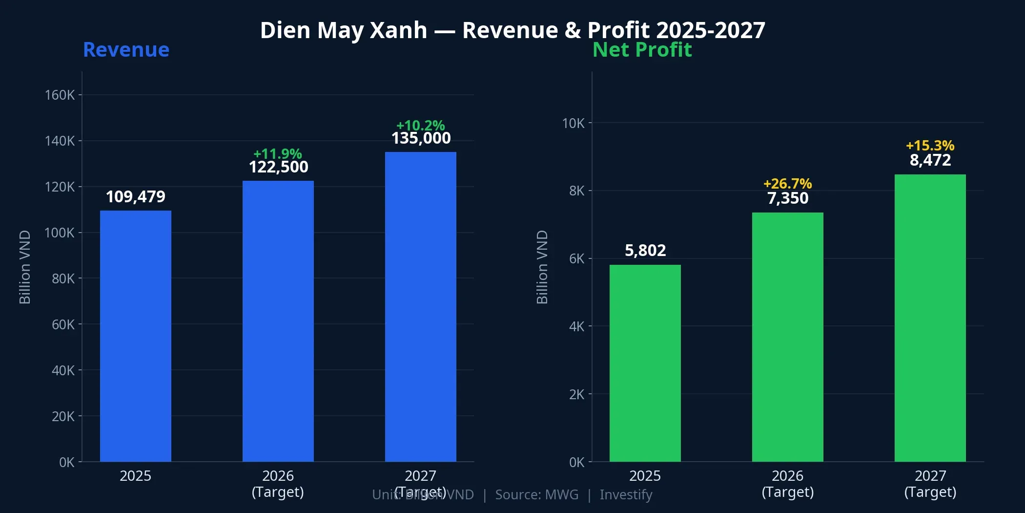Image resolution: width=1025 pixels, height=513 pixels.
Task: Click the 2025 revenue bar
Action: click(x=136, y=336)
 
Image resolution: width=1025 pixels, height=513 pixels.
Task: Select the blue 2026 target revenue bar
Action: click(x=278, y=321)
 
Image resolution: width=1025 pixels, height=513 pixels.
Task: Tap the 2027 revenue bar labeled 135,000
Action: click(x=421, y=307)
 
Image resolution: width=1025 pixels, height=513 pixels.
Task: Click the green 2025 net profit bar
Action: click(x=645, y=363)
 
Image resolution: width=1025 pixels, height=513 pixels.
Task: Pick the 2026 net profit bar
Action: click(x=787, y=337)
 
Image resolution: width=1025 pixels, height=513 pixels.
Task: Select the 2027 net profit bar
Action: click(x=930, y=318)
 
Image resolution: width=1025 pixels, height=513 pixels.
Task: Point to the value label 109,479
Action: click(x=136, y=197)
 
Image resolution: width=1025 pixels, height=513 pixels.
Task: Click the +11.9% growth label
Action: click(x=278, y=154)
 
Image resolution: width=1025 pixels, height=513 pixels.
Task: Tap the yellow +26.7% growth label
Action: click(x=787, y=184)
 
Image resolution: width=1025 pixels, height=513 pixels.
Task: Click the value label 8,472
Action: click(x=930, y=160)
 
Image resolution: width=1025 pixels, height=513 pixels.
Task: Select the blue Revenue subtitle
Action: click(x=126, y=50)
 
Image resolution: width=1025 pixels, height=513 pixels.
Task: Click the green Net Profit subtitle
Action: click(x=642, y=50)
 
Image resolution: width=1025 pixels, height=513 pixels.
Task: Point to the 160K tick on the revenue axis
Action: click(x=60, y=95)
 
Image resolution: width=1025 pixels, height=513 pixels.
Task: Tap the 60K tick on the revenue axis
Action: click(x=63, y=324)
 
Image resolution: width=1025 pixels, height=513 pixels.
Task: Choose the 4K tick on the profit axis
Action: click(x=576, y=326)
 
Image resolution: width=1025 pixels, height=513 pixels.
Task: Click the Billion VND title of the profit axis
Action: click(x=542, y=267)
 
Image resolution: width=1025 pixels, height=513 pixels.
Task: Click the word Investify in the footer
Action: click(x=626, y=495)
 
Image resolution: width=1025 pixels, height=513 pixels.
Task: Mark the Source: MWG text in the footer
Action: click(x=536, y=495)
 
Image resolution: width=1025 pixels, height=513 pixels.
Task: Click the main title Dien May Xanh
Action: click(x=344, y=30)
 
